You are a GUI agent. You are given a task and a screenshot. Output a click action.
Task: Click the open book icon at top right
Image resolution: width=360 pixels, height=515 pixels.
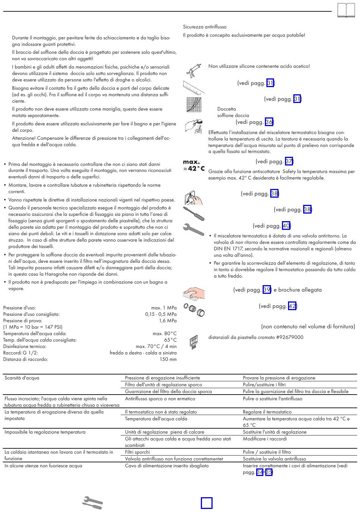click(346, 10)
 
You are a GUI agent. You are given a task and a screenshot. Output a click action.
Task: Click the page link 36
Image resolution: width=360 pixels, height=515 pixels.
click(269, 122)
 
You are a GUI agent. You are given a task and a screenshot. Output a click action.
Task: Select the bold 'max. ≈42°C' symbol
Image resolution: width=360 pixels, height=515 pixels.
click(194, 165)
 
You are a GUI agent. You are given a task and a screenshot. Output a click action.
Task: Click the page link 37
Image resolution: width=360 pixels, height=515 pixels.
click(289, 161)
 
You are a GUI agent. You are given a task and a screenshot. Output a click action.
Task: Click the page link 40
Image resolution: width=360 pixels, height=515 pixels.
click(286, 226)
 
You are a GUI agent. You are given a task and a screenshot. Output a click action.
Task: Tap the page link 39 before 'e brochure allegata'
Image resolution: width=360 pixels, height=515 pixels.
click(267, 290)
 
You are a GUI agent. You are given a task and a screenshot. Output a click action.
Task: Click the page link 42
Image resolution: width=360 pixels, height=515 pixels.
click(292, 306)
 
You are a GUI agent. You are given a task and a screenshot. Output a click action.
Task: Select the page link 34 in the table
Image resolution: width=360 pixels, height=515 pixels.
click(260, 472)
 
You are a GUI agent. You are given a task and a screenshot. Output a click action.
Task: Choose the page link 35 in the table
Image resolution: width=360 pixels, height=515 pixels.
click(269, 472)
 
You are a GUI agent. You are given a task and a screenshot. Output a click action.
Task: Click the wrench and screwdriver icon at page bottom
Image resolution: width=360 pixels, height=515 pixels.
click(92, 503)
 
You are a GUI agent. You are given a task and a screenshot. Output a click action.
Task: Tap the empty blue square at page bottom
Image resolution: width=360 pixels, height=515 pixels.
click(207, 503)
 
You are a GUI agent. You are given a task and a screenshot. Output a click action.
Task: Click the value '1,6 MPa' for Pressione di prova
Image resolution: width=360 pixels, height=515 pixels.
click(168, 321)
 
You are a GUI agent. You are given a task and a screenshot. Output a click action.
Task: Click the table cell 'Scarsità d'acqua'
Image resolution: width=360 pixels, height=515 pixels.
click(22, 378)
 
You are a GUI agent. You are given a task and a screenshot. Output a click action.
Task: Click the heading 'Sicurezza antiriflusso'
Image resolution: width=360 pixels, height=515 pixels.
click(205, 27)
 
